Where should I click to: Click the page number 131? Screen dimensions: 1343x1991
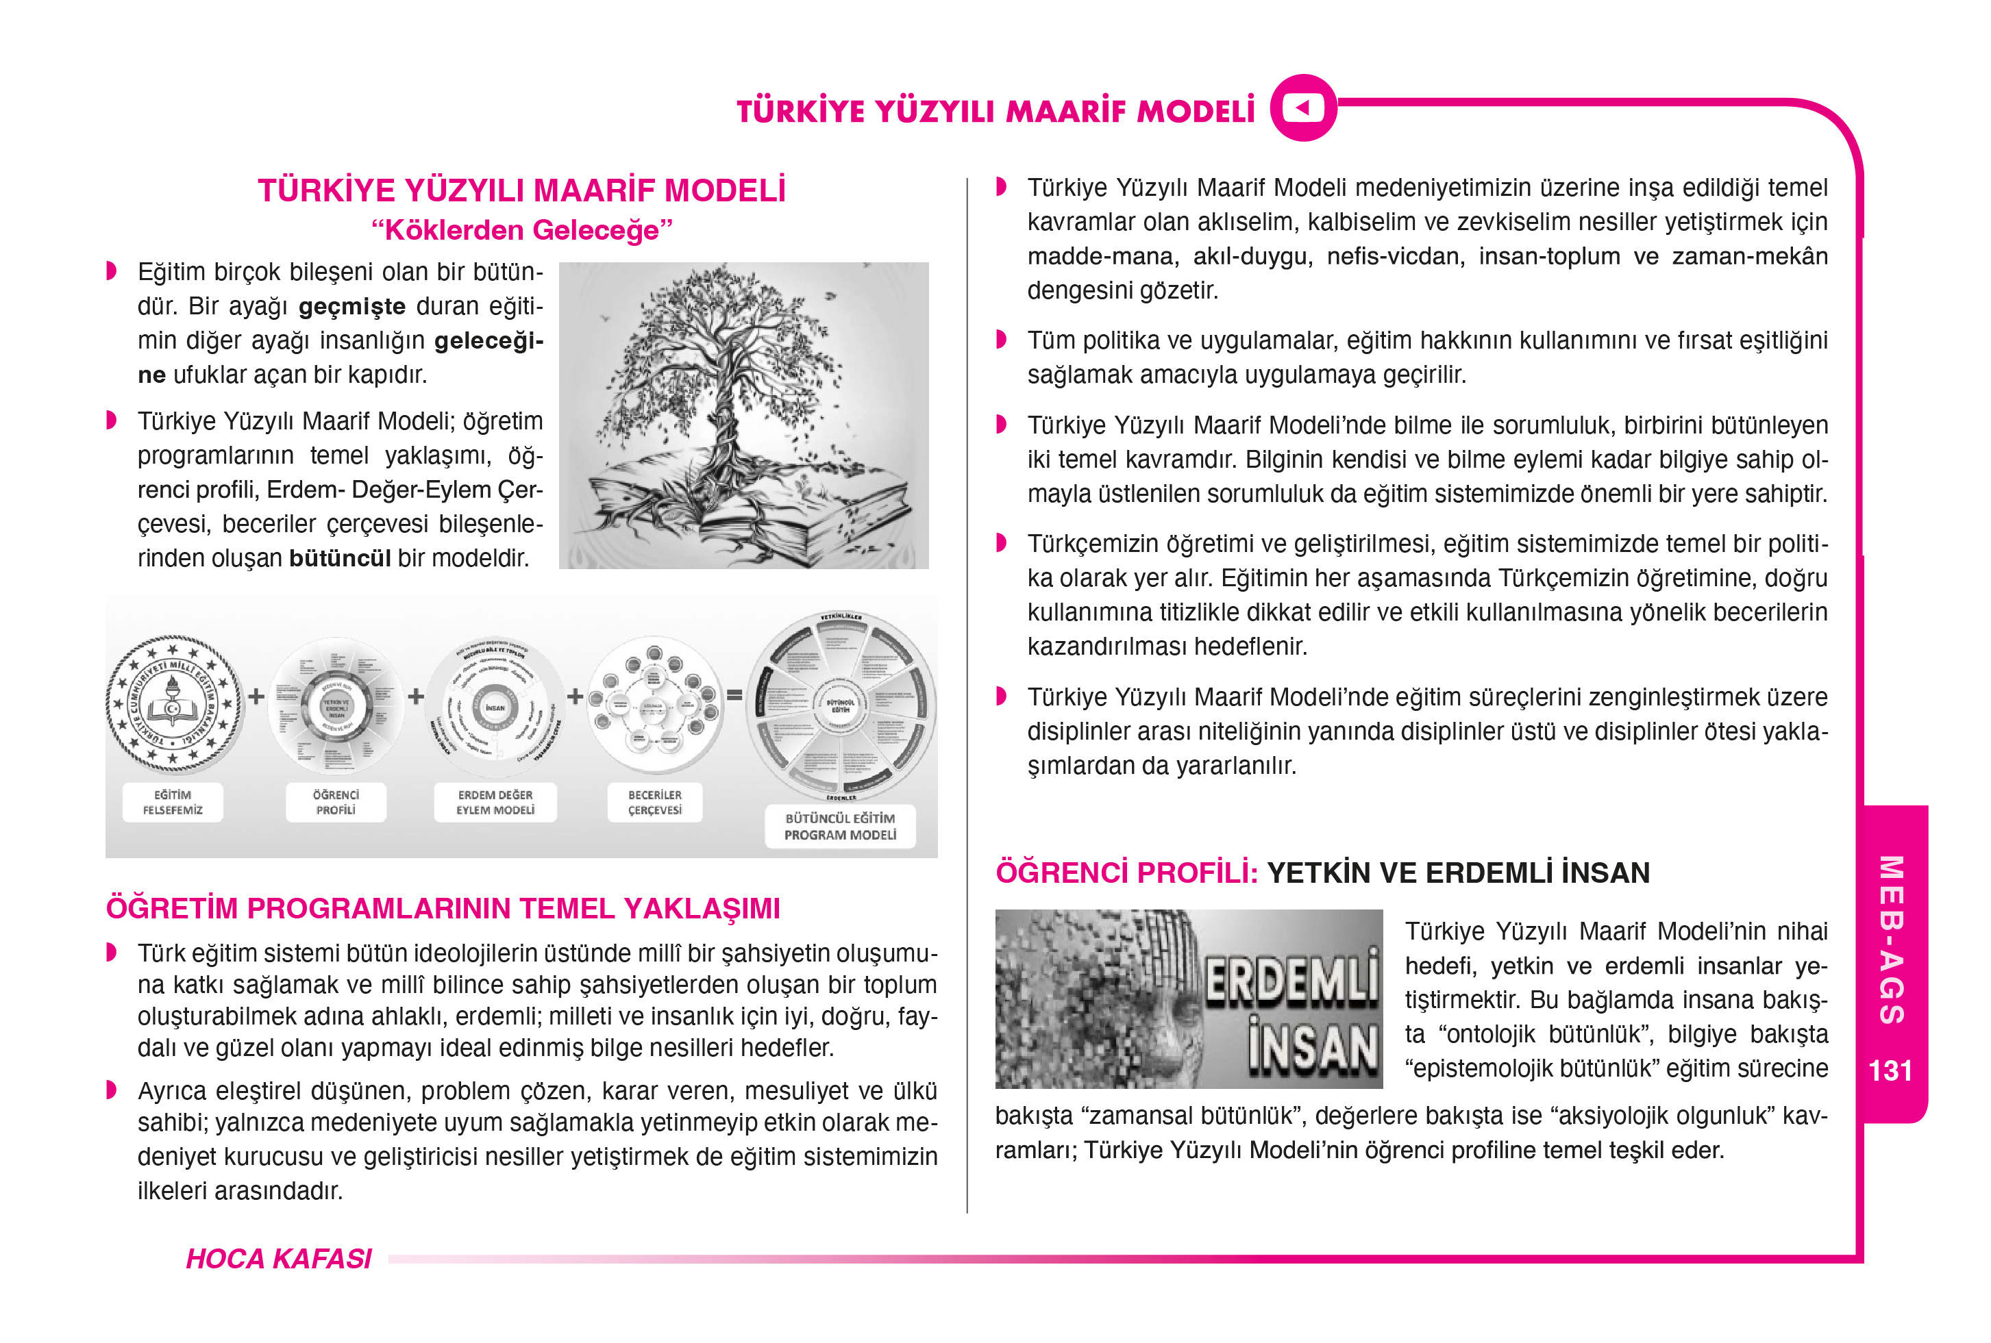click(x=1889, y=1070)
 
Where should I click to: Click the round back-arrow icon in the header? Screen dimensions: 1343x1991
click(x=1303, y=108)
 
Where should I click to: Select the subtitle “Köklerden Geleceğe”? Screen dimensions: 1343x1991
click(x=522, y=229)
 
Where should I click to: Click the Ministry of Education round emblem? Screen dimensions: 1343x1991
click(x=173, y=703)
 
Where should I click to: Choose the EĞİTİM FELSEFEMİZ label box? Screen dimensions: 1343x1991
click(x=173, y=803)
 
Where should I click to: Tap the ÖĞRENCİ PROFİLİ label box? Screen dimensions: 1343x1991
click(x=336, y=803)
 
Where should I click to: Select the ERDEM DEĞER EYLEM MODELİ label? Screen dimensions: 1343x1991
click(x=495, y=803)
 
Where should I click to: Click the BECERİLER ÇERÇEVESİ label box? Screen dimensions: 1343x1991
click(x=654, y=803)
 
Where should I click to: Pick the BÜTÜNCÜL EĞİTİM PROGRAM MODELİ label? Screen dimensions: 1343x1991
click(x=839, y=827)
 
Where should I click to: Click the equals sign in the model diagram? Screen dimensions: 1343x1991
click(x=734, y=696)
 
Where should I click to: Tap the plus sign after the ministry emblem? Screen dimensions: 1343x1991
click(x=256, y=696)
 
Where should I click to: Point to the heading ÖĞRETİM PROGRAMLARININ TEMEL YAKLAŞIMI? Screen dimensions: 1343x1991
click(x=443, y=908)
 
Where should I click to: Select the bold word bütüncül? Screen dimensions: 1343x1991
click(x=340, y=558)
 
